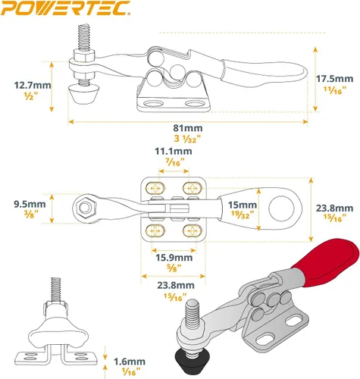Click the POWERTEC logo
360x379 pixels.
click(x=65, y=8)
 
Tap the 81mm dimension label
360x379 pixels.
click(x=188, y=128)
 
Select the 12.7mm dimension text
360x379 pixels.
click(x=33, y=85)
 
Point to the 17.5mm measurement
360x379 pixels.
click(x=335, y=79)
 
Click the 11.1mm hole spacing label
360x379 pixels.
click(x=174, y=151)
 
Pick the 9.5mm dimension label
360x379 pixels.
click(x=30, y=204)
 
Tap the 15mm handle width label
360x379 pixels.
click(x=243, y=205)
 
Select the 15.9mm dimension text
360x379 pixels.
click(x=174, y=258)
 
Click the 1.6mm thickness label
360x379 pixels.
click(x=130, y=362)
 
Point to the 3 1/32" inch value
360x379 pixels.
click(x=187, y=139)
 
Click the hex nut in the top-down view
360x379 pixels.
click(x=85, y=208)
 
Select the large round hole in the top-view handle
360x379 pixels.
click(x=281, y=208)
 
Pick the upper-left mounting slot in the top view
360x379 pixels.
click(x=155, y=188)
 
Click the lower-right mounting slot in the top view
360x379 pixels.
click(x=193, y=231)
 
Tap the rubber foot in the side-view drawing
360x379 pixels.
click(x=83, y=95)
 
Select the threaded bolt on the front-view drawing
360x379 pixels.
click(x=56, y=290)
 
